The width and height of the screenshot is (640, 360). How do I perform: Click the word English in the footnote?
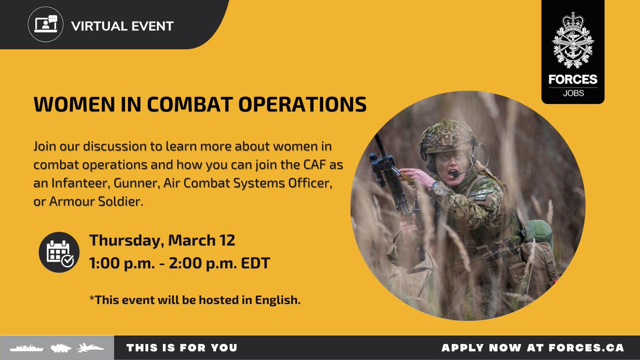(277, 300)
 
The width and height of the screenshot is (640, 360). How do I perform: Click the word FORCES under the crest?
(573, 79)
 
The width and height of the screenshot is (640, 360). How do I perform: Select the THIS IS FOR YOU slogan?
(182, 348)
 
